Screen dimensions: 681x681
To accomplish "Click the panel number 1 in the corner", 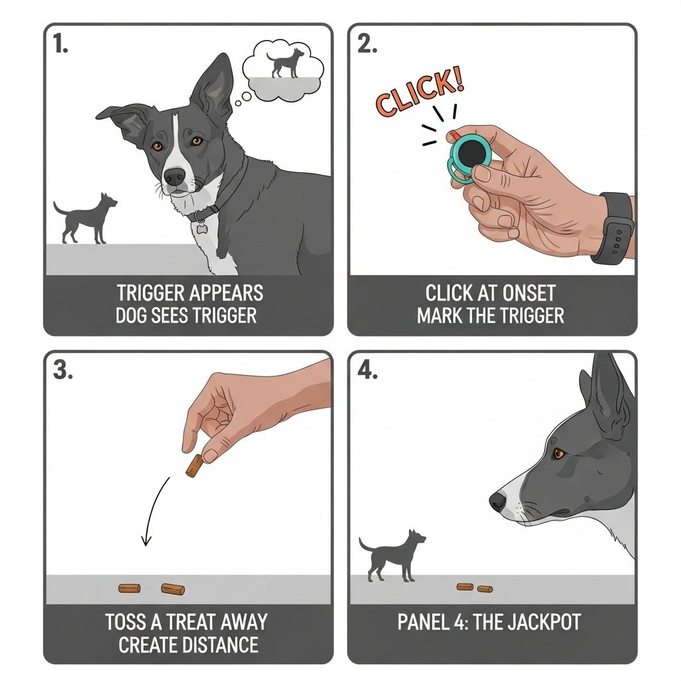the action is click(x=61, y=44).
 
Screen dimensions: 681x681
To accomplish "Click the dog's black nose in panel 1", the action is click(x=175, y=176).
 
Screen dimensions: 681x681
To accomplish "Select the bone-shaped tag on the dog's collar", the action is click(x=201, y=227).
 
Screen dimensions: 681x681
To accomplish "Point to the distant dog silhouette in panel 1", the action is click(x=85, y=218).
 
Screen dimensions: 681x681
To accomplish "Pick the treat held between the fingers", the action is click(x=194, y=466).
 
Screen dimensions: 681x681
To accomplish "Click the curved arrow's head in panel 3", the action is click(x=146, y=540).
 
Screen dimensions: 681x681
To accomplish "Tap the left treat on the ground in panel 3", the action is click(x=130, y=588).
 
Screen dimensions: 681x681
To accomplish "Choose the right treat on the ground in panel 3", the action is click(x=173, y=589).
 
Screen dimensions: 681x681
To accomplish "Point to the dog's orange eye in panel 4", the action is click(x=558, y=454).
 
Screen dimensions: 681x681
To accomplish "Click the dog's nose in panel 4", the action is click(x=498, y=501).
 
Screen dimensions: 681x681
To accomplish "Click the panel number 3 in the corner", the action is click(x=63, y=370).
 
